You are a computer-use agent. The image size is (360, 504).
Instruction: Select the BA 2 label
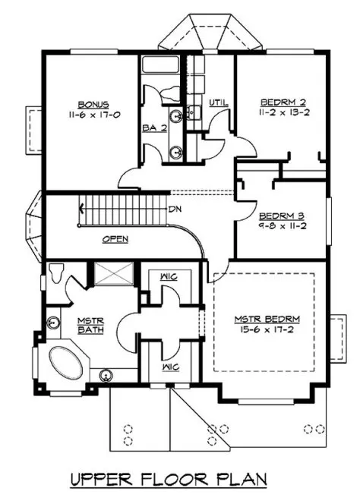tap(150, 128)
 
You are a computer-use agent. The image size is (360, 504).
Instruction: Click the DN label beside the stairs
tap(175, 209)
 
